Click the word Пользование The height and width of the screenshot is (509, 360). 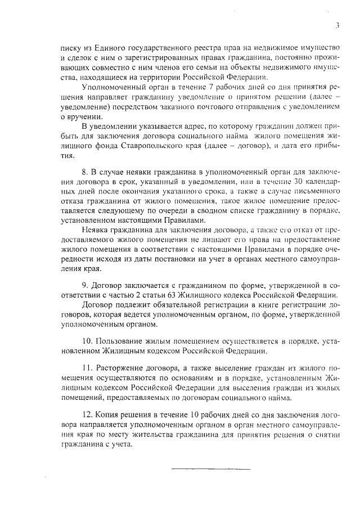tap(119, 341)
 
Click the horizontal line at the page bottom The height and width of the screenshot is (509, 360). tap(210, 468)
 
